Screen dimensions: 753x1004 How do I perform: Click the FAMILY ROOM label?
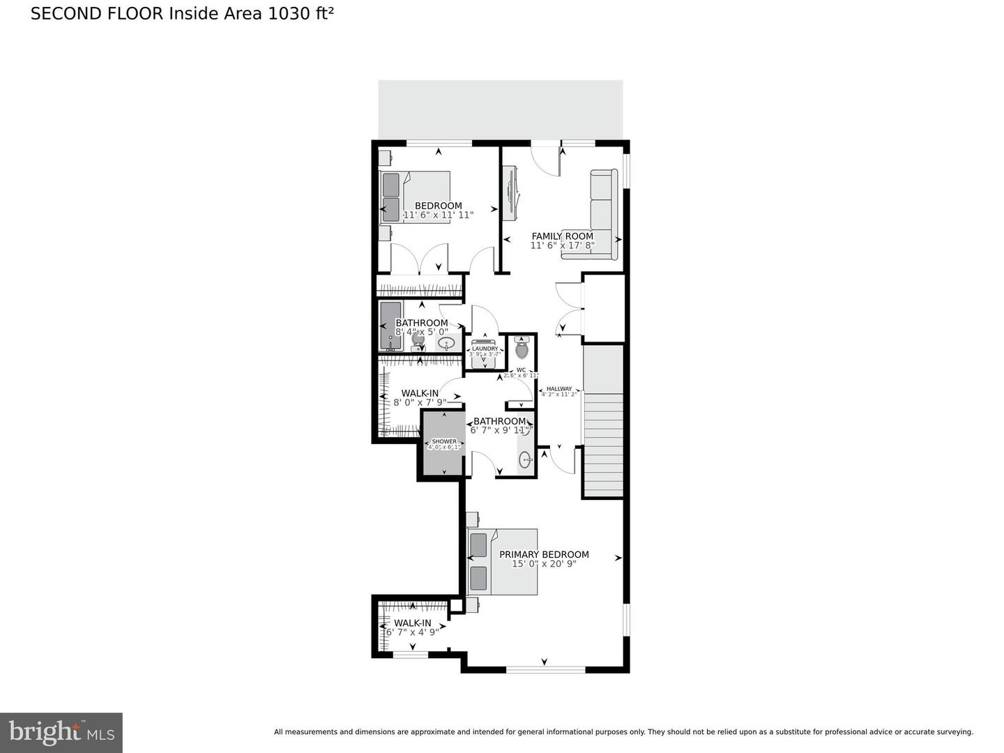click(562, 236)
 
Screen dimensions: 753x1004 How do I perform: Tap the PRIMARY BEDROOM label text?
click(544, 554)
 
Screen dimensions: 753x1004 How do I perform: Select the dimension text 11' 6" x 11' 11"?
click(439, 215)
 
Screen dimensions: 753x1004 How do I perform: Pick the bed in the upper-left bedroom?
click(416, 197)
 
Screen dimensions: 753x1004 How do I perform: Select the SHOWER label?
click(444, 441)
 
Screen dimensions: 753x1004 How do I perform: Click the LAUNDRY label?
click(485, 349)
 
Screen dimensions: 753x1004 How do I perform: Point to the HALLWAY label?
click(558, 389)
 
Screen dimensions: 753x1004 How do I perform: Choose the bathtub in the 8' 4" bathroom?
click(390, 326)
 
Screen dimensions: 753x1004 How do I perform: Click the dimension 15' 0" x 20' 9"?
click(544, 564)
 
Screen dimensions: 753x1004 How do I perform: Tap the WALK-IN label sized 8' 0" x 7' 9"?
click(420, 393)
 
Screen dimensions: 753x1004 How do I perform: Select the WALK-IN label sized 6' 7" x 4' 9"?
click(412, 623)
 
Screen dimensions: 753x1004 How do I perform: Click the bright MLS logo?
click(61, 732)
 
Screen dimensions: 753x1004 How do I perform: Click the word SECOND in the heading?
click(61, 14)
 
